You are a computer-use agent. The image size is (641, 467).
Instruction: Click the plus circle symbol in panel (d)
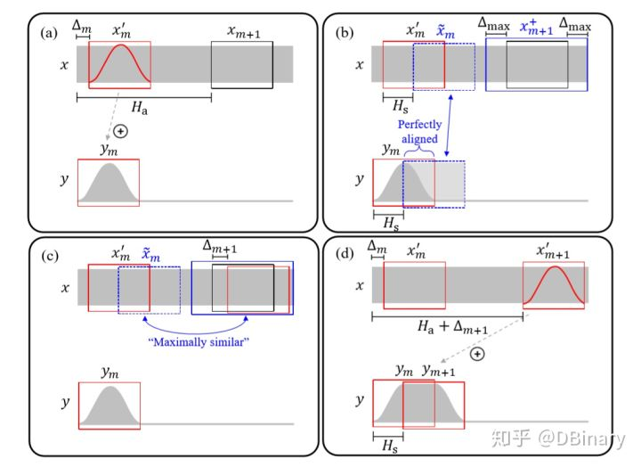coord(476,354)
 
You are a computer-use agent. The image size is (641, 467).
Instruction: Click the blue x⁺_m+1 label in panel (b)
coord(535,29)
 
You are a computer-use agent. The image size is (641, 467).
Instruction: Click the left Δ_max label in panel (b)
coord(493,26)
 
